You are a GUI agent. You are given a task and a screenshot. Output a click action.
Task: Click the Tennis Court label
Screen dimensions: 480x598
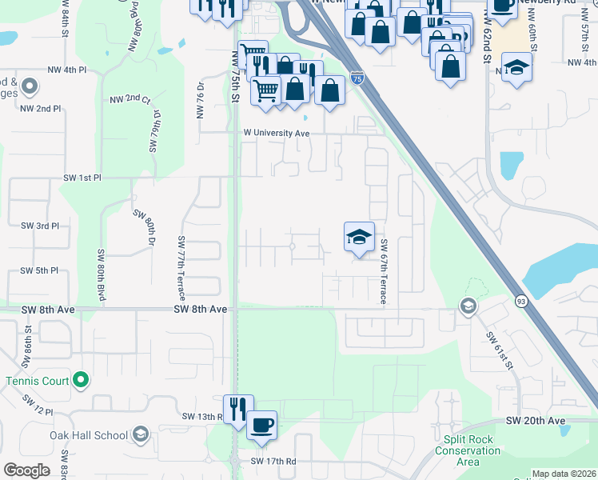38,381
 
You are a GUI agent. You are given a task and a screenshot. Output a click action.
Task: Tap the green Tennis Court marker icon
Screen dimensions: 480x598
81,380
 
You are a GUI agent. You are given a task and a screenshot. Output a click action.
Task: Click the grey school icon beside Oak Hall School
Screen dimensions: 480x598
140,434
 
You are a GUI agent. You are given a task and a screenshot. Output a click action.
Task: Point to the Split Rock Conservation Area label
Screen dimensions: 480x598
468,450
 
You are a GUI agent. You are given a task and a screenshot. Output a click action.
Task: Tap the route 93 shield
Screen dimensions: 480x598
521,301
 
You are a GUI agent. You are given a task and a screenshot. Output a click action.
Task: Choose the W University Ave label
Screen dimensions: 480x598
276,133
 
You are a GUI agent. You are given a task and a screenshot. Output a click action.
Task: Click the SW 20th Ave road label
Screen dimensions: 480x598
536,421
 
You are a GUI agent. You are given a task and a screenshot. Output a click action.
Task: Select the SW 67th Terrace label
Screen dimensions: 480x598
385,270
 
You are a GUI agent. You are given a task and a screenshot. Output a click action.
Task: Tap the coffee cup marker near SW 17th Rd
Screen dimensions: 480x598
261,425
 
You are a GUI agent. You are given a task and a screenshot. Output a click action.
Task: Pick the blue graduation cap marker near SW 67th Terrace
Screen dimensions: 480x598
359,237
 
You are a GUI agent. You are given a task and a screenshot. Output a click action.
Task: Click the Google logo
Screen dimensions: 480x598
26,470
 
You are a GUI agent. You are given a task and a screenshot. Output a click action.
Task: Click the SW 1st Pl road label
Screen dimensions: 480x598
83,177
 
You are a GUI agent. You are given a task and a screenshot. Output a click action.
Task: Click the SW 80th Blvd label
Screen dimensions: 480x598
102,275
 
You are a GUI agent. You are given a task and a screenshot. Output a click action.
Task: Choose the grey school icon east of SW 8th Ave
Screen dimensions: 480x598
468,306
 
